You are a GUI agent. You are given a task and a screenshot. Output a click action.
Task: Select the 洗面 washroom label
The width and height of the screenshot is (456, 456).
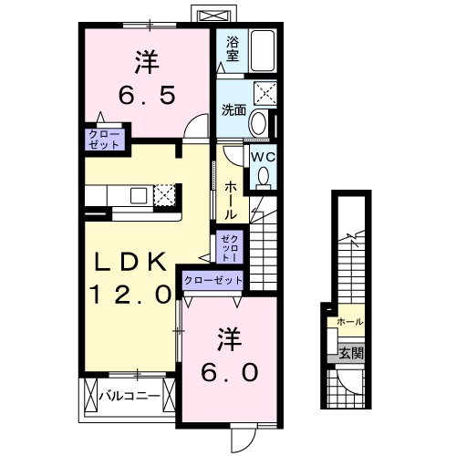click(x=233, y=110)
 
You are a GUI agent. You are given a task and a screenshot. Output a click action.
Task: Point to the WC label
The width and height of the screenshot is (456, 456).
click(x=263, y=156)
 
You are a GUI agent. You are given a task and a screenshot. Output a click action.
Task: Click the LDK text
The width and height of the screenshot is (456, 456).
click(x=132, y=263)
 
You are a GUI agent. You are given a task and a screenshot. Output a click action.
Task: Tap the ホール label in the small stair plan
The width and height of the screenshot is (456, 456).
click(x=349, y=322)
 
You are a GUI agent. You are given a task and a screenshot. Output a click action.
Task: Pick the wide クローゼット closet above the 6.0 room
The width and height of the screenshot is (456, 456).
click(x=213, y=281)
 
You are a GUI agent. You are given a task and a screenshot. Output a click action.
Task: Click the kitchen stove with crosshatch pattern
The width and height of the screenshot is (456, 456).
click(x=165, y=195)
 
